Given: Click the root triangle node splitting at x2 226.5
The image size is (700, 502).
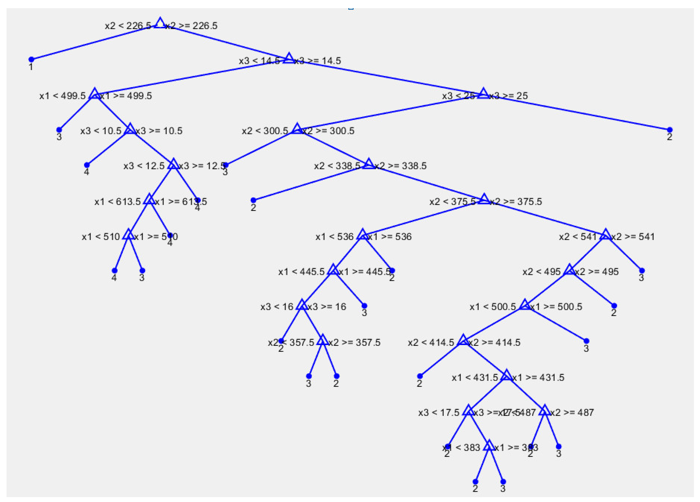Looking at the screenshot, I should click(160, 23).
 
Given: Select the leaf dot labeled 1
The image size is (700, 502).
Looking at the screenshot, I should click(31, 59).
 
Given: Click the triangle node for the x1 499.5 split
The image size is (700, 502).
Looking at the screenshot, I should click(95, 94).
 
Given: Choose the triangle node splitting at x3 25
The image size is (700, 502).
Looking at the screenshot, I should click(483, 94).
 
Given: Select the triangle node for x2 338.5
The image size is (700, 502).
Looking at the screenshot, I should click(369, 164).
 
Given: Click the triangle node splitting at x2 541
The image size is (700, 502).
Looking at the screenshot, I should click(605, 235).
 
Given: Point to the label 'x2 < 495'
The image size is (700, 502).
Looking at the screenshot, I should click(541, 272).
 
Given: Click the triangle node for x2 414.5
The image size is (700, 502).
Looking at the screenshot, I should click(463, 341).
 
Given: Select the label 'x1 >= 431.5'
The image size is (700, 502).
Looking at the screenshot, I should click(538, 378).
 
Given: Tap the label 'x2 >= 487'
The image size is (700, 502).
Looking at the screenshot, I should click(572, 412).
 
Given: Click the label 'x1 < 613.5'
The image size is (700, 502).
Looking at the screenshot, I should click(118, 202).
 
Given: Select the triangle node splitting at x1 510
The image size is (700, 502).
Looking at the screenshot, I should click(128, 235).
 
